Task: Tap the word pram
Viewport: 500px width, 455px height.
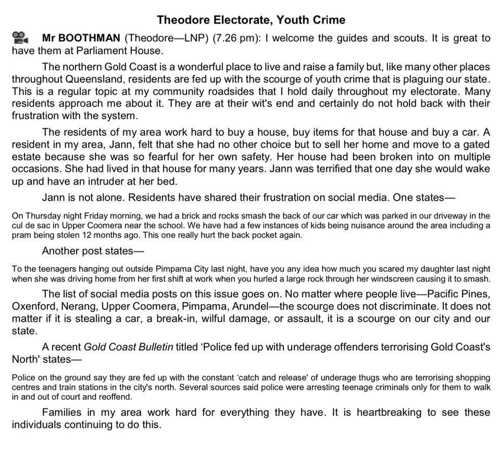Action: tap(21, 235)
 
